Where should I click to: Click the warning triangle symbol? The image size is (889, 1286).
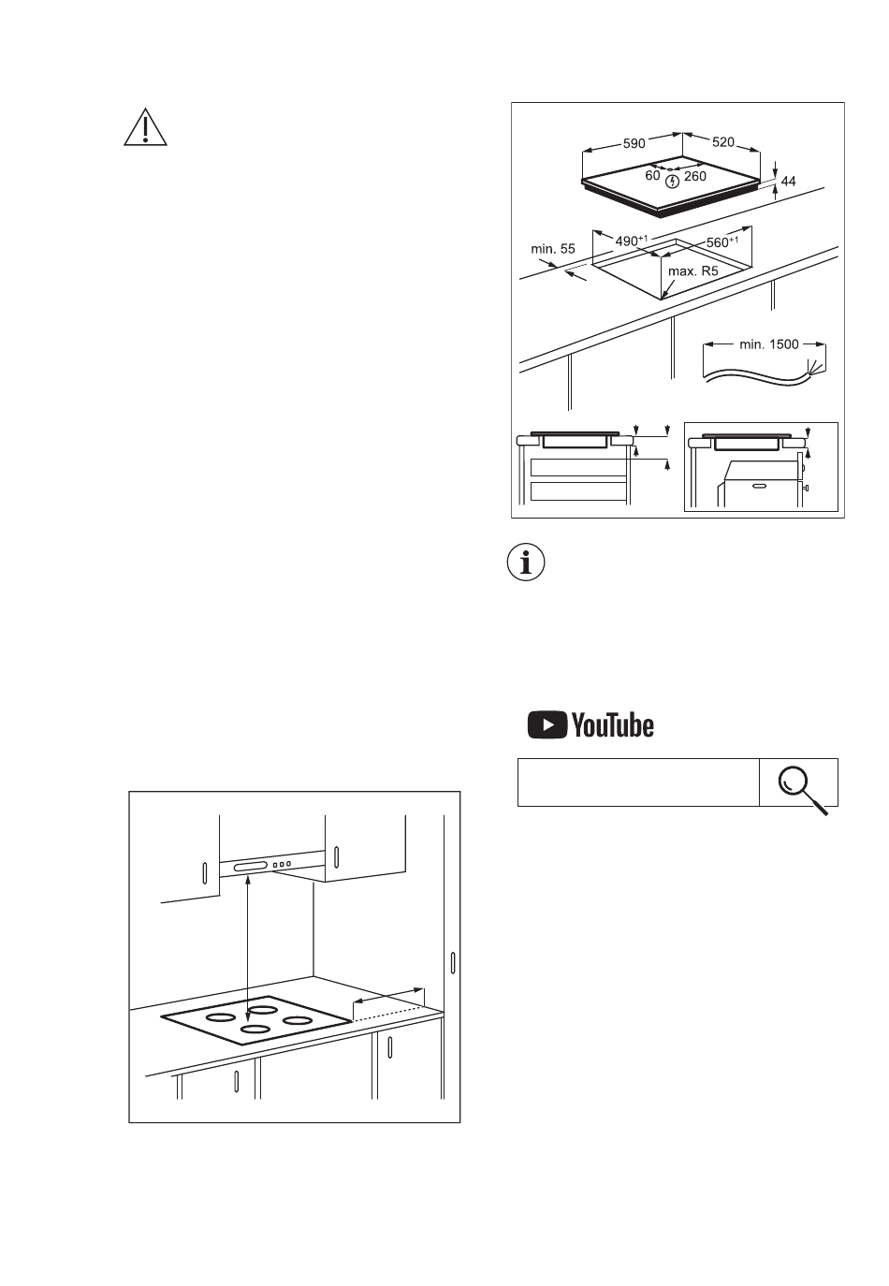pyautogui.click(x=145, y=127)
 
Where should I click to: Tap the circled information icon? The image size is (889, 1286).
pyautogui.click(x=526, y=563)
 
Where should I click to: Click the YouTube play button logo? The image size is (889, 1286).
pyautogui.click(x=547, y=724)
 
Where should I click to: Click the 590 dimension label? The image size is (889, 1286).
pyautogui.click(x=634, y=143)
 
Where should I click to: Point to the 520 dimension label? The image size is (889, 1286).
pyautogui.click(x=723, y=142)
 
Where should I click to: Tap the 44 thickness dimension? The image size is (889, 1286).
pyautogui.click(x=789, y=182)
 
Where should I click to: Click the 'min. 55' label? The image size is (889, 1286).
pyautogui.click(x=553, y=249)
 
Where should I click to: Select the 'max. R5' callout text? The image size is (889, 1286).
pyautogui.click(x=693, y=271)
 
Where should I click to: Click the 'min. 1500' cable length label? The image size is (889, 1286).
pyautogui.click(x=769, y=344)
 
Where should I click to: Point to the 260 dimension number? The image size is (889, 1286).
pyautogui.click(x=695, y=176)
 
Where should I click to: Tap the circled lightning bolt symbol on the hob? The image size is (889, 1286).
pyautogui.click(x=672, y=182)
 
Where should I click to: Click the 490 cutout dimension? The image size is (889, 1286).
pyautogui.click(x=632, y=241)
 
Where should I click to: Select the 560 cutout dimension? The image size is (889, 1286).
pyautogui.click(x=722, y=241)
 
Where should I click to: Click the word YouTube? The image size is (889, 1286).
pyautogui.click(x=613, y=725)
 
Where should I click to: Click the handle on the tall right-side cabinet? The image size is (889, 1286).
pyautogui.click(x=453, y=963)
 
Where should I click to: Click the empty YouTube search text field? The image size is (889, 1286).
pyautogui.click(x=638, y=782)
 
